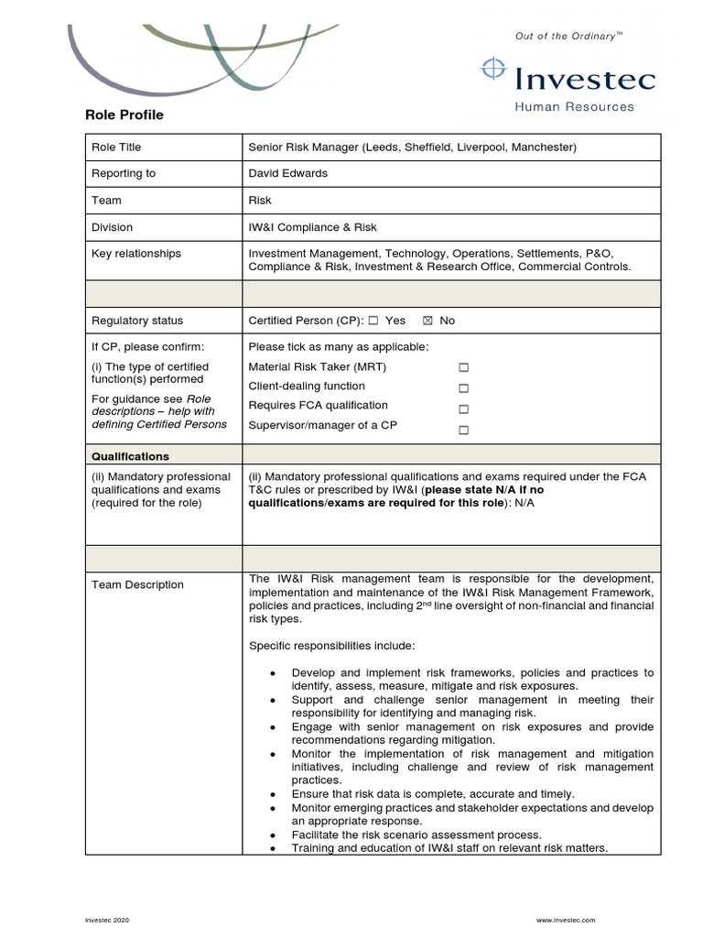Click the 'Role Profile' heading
tap(124, 115)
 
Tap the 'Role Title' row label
tap(116, 147)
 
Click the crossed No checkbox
tap(427, 321)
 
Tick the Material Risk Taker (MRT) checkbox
tap(463, 367)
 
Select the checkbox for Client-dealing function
tap(463, 388)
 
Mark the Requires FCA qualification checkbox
tap(463, 409)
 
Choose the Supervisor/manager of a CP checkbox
tap(463, 430)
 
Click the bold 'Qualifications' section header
tap(130, 456)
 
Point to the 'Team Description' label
tap(137, 584)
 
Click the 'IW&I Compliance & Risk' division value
tap(312, 227)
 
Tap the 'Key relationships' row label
tap(136, 254)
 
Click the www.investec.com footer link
tap(566, 919)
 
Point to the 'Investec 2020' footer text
tap(109, 919)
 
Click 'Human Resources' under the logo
tap(574, 106)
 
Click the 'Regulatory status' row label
tap(137, 321)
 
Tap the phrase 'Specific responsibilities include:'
tap(331, 645)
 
